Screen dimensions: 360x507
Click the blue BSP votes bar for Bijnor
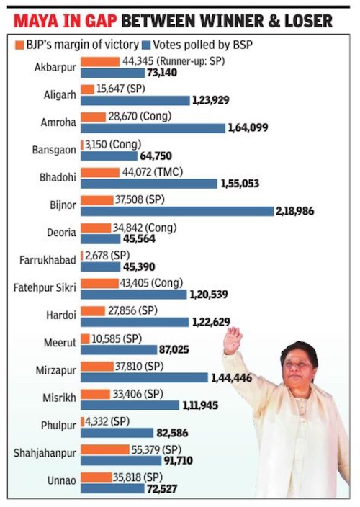click(177, 211)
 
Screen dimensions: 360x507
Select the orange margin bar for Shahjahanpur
click(105, 449)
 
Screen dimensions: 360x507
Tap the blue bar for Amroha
click(153, 128)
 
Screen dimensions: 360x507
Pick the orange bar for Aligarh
click(88, 89)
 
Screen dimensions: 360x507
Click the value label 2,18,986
click(294, 211)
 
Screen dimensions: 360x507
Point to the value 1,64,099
click(248, 127)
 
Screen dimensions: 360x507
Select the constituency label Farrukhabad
click(48, 260)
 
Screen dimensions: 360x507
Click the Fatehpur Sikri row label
click(45, 287)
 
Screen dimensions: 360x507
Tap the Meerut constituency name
click(60, 342)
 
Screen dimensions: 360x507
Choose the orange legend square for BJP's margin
click(19, 45)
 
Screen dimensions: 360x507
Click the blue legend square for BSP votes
click(146, 45)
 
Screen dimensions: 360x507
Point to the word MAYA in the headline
click(36, 21)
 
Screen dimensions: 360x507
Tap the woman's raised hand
click(233, 340)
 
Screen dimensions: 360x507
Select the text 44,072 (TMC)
click(152, 172)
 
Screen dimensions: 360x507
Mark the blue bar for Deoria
click(101, 239)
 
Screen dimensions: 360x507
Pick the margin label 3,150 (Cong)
click(113, 145)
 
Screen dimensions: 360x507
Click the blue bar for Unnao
click(112, 488)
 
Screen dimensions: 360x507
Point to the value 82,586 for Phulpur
click(172, 433)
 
